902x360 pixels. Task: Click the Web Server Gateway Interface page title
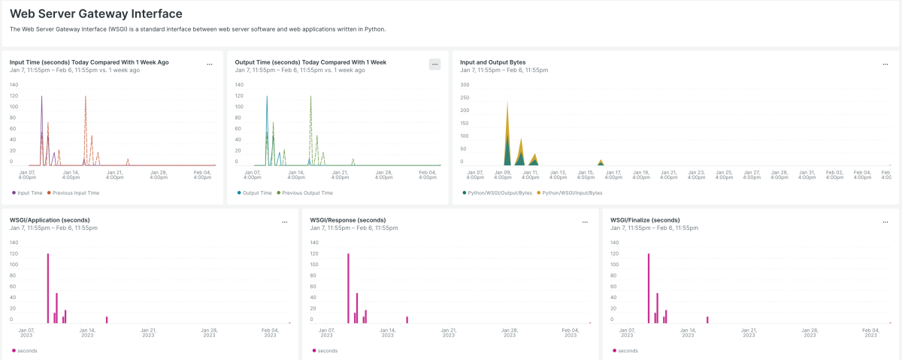click(x=95, y=14)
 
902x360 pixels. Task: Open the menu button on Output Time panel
click(x=434, y=65)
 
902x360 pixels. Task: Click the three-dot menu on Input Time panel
click(x=210, y=65)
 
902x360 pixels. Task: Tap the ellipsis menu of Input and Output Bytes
click(x=885, y=65)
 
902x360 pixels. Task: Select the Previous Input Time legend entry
click(x=74, y=193)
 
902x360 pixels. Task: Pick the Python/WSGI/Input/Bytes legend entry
click(x=572, y=193)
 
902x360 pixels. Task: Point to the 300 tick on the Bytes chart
click(x=465, y=85)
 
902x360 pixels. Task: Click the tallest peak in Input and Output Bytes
click(x=507, y=103)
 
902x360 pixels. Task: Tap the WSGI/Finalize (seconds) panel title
click(x=645, y=220)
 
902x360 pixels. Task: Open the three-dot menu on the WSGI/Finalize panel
click(x=885, y=222)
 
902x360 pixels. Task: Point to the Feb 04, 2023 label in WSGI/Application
click(x=270, y=333)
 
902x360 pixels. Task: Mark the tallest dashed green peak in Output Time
click(x=310, y=98)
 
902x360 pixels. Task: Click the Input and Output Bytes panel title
click(x=492, y=62)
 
